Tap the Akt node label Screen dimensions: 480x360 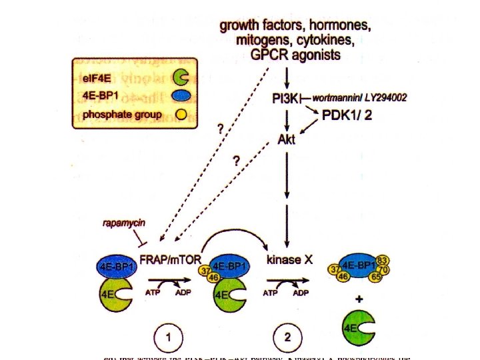click(287, 141)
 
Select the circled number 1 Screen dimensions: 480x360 click(169, 337)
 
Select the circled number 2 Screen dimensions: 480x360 click(288, 337)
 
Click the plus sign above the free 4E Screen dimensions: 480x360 click(360, 300)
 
